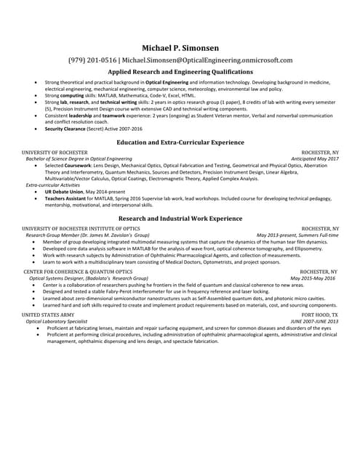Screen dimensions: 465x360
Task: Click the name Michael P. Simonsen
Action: (x=180, y=47)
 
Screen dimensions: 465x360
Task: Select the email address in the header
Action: (x=207, y=60)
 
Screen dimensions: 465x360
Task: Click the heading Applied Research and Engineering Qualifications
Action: (x=180, y=73)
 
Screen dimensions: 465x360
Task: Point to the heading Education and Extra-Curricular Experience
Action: (x=180, y=142)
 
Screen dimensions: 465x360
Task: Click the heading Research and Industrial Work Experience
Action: (x=180, y=218)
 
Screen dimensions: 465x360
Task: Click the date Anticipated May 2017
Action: (x=315, y=158)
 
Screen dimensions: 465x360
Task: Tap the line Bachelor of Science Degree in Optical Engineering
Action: (x=79, y=158)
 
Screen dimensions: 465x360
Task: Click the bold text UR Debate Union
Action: (x=62, y=192)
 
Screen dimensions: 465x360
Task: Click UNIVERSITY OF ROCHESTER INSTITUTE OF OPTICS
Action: (x=81, y=228)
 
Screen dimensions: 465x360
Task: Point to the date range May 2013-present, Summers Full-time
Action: (x=297, y=235)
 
